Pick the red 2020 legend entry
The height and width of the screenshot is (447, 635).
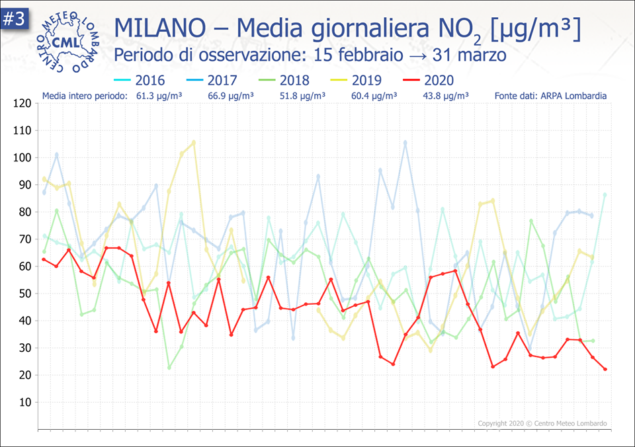tap(429, 81)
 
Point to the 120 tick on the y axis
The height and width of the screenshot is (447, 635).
tap(22, 103)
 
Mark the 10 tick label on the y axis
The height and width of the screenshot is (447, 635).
tap(24, 402)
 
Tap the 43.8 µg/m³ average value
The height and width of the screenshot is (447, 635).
tap(445, 96)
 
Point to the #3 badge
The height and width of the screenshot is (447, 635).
tap(13, 19)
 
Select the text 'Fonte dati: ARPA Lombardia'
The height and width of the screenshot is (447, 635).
tap(550, 96)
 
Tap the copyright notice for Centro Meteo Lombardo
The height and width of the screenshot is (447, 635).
tap(542, 423)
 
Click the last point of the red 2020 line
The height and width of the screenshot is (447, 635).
tap(605, 369)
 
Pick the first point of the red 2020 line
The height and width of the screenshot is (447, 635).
tap(44, 259)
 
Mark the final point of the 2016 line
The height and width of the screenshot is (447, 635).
tap(605, 194)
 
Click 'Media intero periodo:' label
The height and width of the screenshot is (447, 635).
tap(84, 96)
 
